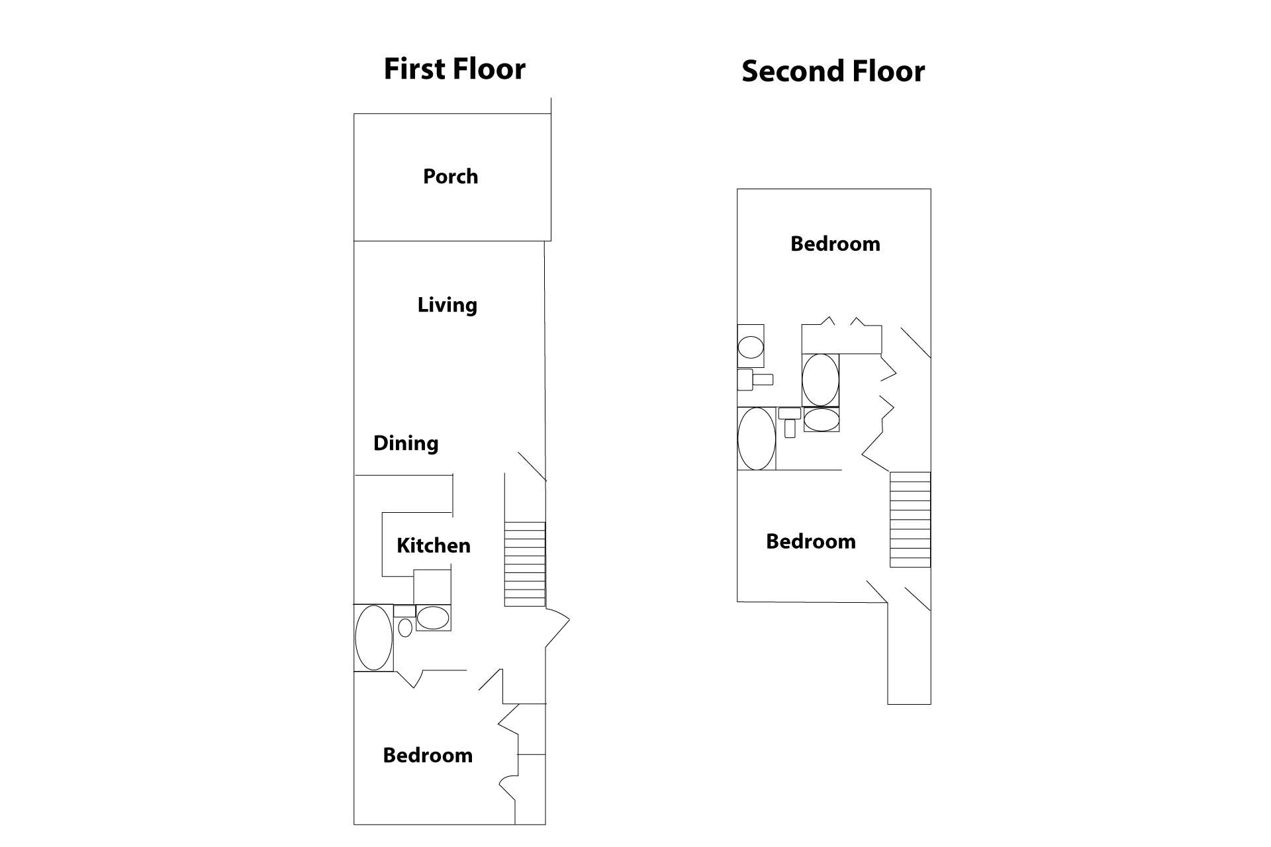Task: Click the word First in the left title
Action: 415,69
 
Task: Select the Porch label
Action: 450,177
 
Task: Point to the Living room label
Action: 447,305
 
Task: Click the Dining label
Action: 406,443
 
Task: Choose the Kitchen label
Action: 434,546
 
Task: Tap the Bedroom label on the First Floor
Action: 428,756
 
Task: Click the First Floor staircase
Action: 525,564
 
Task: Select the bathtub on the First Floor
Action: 373,638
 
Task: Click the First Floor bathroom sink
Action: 433,618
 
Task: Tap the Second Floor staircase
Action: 910,519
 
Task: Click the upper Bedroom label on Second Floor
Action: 835,244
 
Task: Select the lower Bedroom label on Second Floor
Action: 811,542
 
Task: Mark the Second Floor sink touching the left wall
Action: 751,346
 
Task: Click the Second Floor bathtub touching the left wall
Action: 757,439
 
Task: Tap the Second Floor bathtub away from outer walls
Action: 820,380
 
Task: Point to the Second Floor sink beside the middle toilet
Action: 822,420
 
